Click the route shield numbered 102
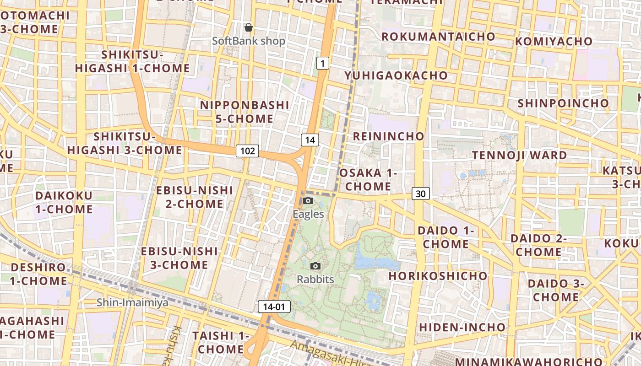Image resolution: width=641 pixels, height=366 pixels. pyautogui.click(x=247, y=151)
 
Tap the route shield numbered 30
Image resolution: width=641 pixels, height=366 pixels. pyautogui.click(x=420, y=194)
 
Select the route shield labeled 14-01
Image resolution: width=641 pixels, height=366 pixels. pyautogui.click(x=274, y=307)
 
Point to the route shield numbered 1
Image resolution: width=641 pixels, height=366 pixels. pyautogui.click(x=323, y=63)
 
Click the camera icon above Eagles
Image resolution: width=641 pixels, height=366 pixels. pyautogui.click(x=308, y=200)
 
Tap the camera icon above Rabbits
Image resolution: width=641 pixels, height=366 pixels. pyautogui.click(x=315, y=266)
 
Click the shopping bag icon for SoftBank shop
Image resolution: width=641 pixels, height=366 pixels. pyautogui.click(x=249, y=28)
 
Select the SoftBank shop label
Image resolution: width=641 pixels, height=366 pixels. pyautogui.click(x=249, y=41)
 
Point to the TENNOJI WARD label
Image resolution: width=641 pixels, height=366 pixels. pyautogui.click(x=519, y=155)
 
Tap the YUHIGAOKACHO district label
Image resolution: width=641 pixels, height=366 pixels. pyautogui.click(x=396, y=75)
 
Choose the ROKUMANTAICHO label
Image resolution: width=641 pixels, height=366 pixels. pyautogui.click(x=438, y=36)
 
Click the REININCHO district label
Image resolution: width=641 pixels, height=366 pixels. pyautogui.click(x=389, y=136)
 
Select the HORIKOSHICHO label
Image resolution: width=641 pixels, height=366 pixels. pyautogui.click(x=438, y=276)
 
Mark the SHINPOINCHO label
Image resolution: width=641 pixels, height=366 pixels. pyautogui.click(x=563, y=103)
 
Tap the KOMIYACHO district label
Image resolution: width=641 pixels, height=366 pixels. pyautogui.click(x=554, y=41)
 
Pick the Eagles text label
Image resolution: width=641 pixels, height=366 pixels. pyautogui.click(x=308, y=214)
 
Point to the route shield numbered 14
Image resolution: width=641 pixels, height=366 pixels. pyautogui.click(x=310, y=140)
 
